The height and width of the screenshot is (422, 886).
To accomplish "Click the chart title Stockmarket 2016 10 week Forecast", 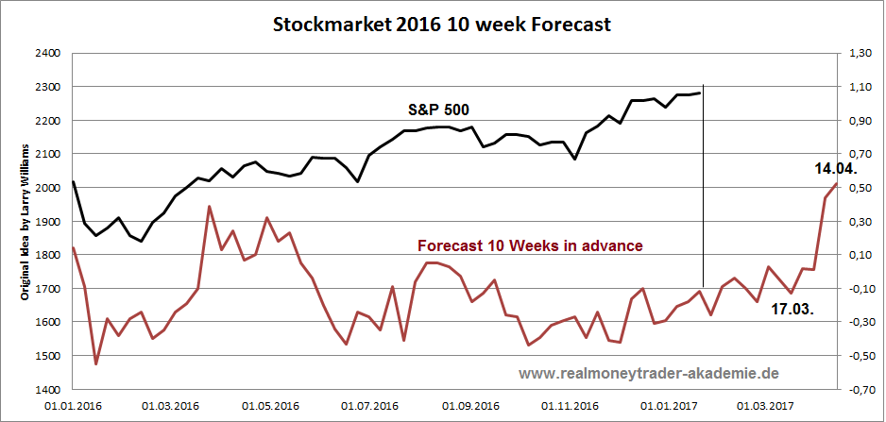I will (x=442, y=25).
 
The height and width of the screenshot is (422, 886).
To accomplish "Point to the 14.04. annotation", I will (x=835, y=169).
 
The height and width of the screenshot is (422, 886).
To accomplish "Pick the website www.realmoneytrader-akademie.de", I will (x=648, y=374).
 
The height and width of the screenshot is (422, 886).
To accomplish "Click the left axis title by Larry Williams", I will (x=26, y=223).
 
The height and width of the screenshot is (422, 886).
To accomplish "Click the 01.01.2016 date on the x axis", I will (x=73, y=406).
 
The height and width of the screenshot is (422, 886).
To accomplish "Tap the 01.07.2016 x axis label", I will (x=370, y=406).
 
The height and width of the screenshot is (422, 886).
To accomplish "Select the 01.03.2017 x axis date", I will (x=767, y=406).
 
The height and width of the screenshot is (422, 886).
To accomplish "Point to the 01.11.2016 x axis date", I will (x=570, y=406).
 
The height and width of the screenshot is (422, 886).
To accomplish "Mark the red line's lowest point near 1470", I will (x=95, y=363).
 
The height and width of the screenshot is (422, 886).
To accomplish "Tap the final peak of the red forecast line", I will (x=836, y=184).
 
